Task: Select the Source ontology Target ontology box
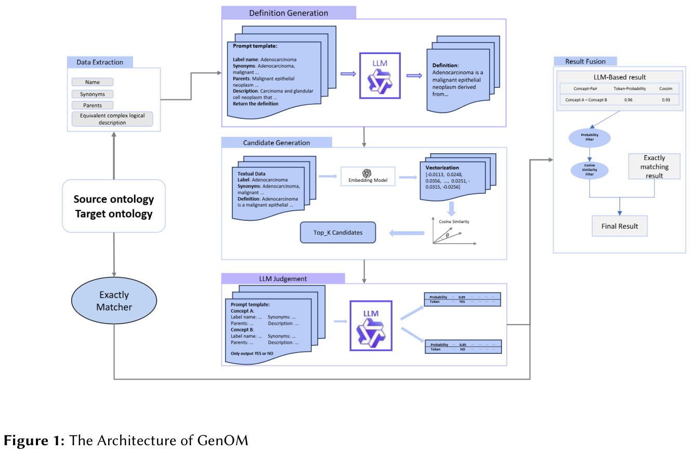click(113, 206)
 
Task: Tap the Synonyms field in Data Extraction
click(93, 94)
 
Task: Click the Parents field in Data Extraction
click(93, 105)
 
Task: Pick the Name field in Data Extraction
click(93, 82)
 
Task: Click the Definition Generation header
click(289, 13)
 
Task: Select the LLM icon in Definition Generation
click(380, 76)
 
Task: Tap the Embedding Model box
click(368, 177)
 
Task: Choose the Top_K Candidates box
click(338, 233)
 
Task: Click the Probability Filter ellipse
click(590, 137)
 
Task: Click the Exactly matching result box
click(654, 166)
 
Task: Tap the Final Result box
click(620, 226)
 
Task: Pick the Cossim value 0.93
click(665, 100)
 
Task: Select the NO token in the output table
click(462, 349)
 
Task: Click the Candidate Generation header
click(276, 143)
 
